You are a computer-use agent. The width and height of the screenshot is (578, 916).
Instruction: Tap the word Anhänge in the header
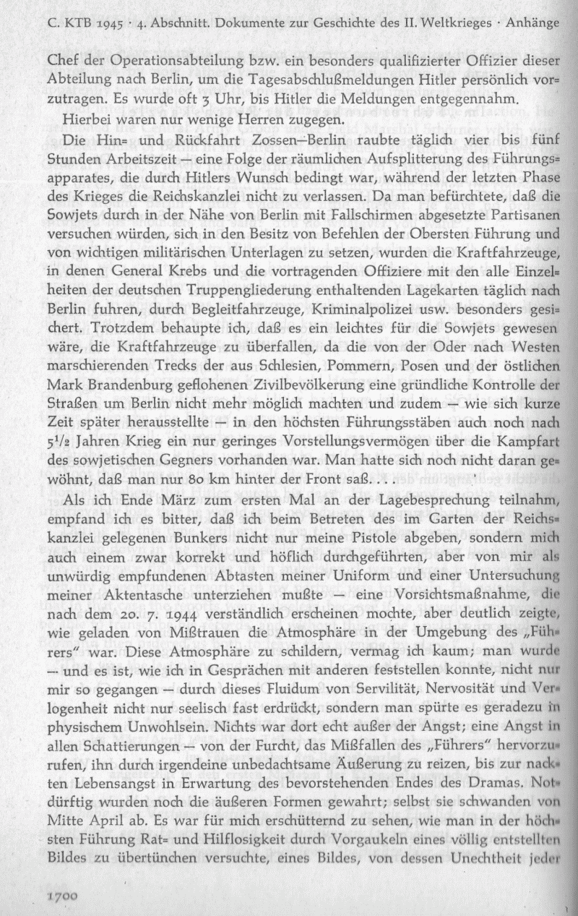coord(532,22)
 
